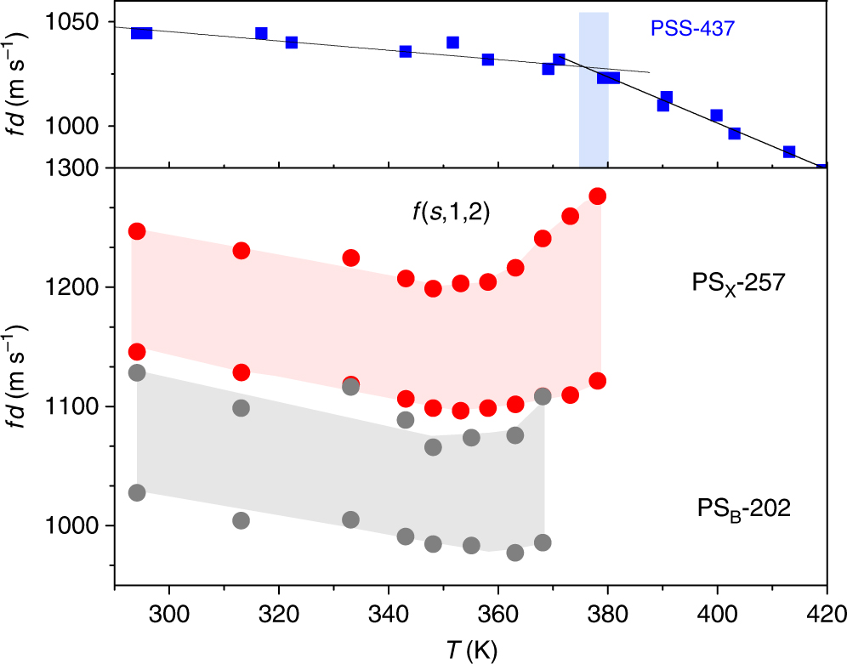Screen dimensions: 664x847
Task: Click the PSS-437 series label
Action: pos(691,28)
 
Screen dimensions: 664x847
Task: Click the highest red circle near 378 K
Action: pos(598,196)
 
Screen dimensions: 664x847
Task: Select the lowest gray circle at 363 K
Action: pos(514,553)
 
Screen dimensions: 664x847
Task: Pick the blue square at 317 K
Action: pos(261,33)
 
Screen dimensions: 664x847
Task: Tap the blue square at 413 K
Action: pos(789,151)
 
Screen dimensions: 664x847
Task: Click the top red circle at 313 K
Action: pos(241,251)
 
